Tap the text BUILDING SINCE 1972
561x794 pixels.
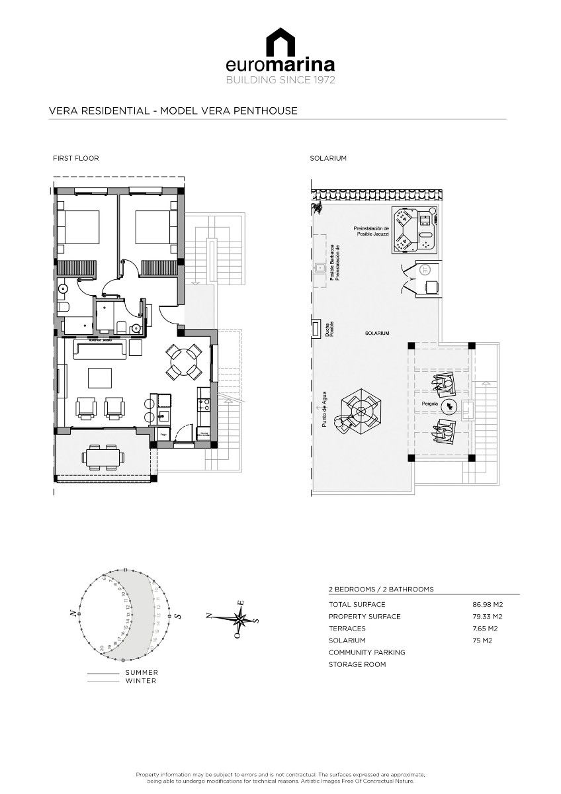coord(280,80)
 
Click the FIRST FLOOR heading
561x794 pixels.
coord(76,159)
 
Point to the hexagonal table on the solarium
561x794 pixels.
coord(361,412)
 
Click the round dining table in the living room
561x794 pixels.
coord(184,362)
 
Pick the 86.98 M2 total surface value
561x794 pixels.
coord(488,605)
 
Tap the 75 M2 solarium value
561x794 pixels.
coord(482,640)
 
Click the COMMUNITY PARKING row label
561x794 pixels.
coord(367,652)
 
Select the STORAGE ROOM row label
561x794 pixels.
coord(357,664)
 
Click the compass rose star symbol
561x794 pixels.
coord(239,619)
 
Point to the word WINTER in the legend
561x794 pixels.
coord(141,681)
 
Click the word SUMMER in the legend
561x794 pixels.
coord(142,673)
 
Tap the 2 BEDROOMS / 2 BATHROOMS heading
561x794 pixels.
coord(381,589)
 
